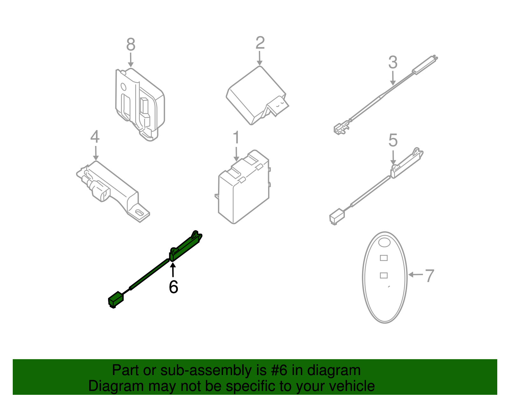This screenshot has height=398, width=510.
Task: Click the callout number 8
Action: [131, 45]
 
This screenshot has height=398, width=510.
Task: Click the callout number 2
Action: [260, 43]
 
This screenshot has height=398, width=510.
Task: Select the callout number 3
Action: [393, 62]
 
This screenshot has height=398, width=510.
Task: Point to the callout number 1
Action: [236, 138]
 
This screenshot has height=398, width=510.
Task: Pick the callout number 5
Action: [393, 141]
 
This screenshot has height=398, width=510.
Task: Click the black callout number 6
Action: [173, 287]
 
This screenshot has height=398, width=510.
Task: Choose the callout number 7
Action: [430, 276]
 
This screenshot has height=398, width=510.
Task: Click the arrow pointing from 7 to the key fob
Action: [415, 274]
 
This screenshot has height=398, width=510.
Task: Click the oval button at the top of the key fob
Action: [384, 242]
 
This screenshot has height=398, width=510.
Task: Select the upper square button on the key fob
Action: [384, 258]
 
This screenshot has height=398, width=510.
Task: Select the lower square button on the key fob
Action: [384, 275]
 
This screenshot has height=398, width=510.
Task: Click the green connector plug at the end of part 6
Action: [115, 300]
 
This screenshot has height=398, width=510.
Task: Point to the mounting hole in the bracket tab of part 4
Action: [139, 213]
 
